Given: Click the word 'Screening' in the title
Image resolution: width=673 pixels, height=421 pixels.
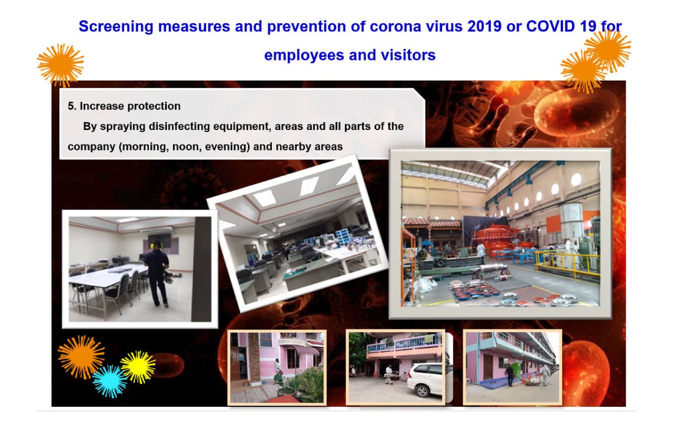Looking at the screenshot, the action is (116, 27).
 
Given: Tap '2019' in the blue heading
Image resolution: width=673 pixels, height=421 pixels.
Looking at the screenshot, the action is (484, 26).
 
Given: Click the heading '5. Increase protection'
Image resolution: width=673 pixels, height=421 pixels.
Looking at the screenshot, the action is (124, 106).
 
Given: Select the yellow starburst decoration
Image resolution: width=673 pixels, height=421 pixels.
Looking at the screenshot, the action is (138, 367).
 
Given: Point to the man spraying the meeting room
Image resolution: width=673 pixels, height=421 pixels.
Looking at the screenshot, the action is (157, 273).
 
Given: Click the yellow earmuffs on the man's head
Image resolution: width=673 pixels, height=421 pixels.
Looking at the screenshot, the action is (156, 245).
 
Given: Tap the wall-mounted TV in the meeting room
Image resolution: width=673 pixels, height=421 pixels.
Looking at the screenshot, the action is (159, 240).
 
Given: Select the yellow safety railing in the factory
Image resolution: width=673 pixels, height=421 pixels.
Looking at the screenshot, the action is (567, 264).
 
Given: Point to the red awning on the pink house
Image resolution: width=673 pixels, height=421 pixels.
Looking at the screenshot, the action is (305, 350).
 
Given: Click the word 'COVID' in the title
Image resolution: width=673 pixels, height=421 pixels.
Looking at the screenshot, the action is (550, 26).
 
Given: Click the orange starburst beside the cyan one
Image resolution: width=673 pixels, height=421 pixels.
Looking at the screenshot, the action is (81, 357).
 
